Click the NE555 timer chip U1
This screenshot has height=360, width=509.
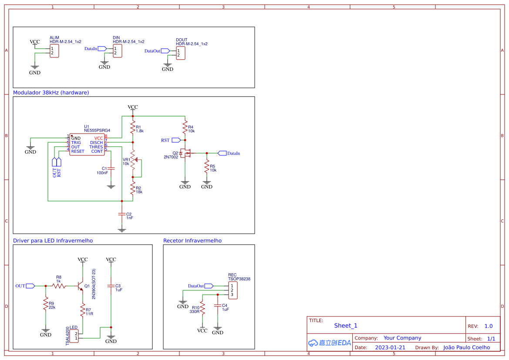[87, 145]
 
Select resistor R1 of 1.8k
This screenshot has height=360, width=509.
[133, 128]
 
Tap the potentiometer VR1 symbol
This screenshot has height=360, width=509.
[133, 161]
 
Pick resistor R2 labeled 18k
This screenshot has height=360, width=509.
[133, 188]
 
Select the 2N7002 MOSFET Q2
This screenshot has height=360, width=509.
[187, 153]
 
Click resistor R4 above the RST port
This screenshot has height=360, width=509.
[185, 128]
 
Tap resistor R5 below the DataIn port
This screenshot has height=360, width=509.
[207, 168]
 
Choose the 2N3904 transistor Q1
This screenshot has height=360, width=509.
[81, 286]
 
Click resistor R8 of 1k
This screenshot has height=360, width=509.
[59, 286]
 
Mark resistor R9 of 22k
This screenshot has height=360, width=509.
[45, 304]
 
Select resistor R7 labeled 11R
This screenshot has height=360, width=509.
[82, 311]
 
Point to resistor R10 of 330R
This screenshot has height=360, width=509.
[202, 308]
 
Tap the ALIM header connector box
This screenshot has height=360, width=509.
[54, 50]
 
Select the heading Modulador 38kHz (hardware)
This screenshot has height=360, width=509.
[51, 93]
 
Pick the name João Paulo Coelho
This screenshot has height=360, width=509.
[466, 347]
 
